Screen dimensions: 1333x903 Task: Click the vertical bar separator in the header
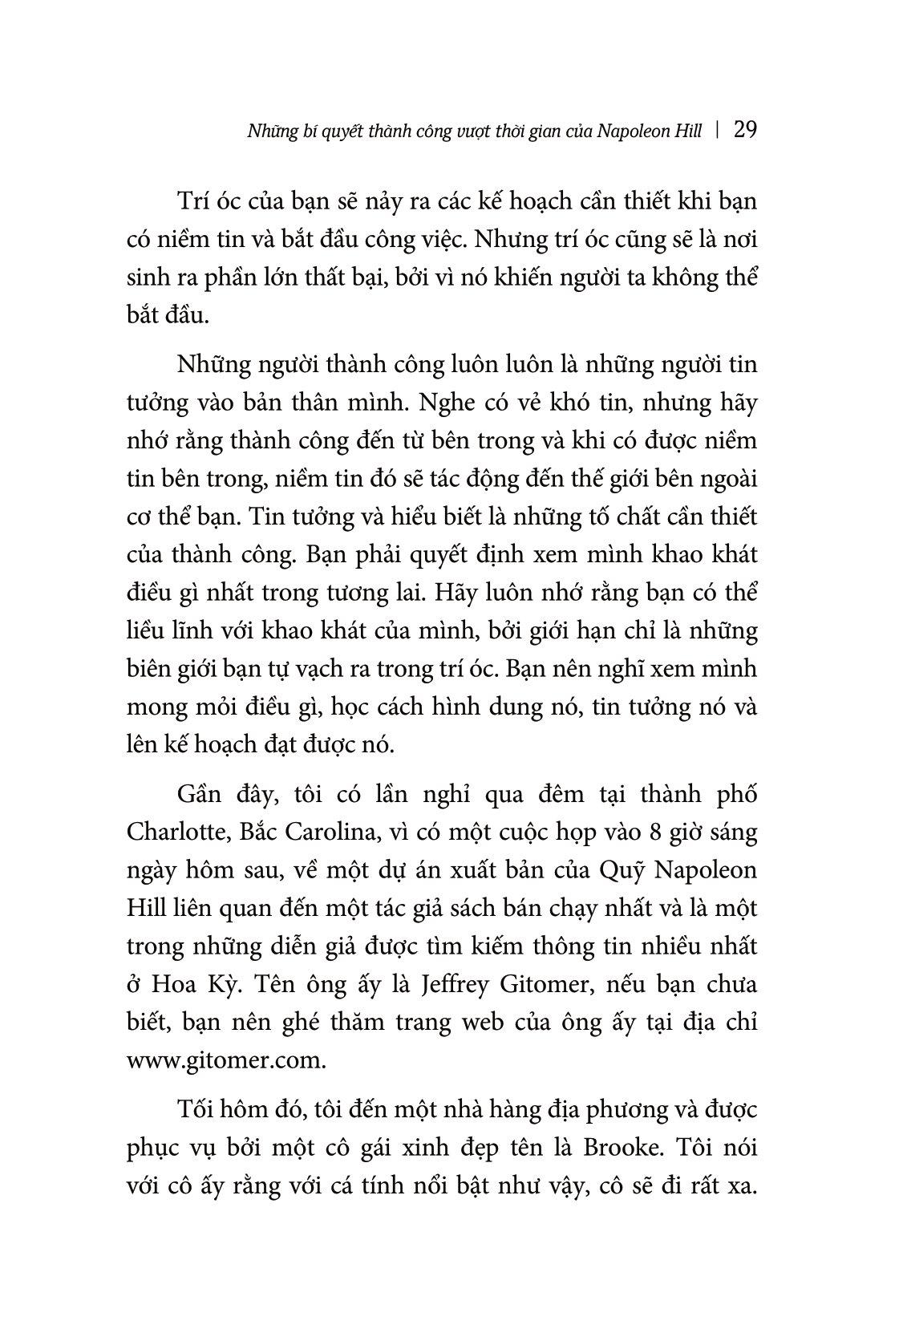[x=716, y=131]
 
